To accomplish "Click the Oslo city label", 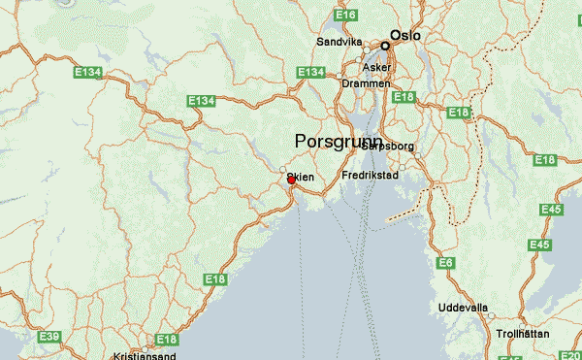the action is [405, 35].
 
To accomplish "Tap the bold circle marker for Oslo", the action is [385, 45].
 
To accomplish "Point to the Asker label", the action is [376, 68].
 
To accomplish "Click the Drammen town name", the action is [366, 83].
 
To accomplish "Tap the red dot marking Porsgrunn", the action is [291, 180].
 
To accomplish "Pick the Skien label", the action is [301, 178].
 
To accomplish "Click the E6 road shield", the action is [446, 263].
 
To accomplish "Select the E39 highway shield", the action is [49, 336].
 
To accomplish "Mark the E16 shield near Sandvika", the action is [345, 16].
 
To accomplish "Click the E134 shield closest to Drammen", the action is [310, 73].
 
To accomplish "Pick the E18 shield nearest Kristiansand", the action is [167, 340].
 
